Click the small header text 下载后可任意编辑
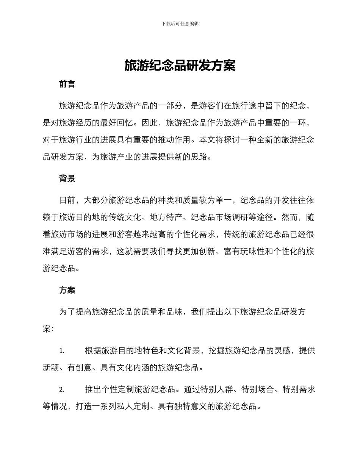[180, 23]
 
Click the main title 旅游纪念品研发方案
[180, 66]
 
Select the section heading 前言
[67, 84]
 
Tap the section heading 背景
[67, 179]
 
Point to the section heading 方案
[67, 290]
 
